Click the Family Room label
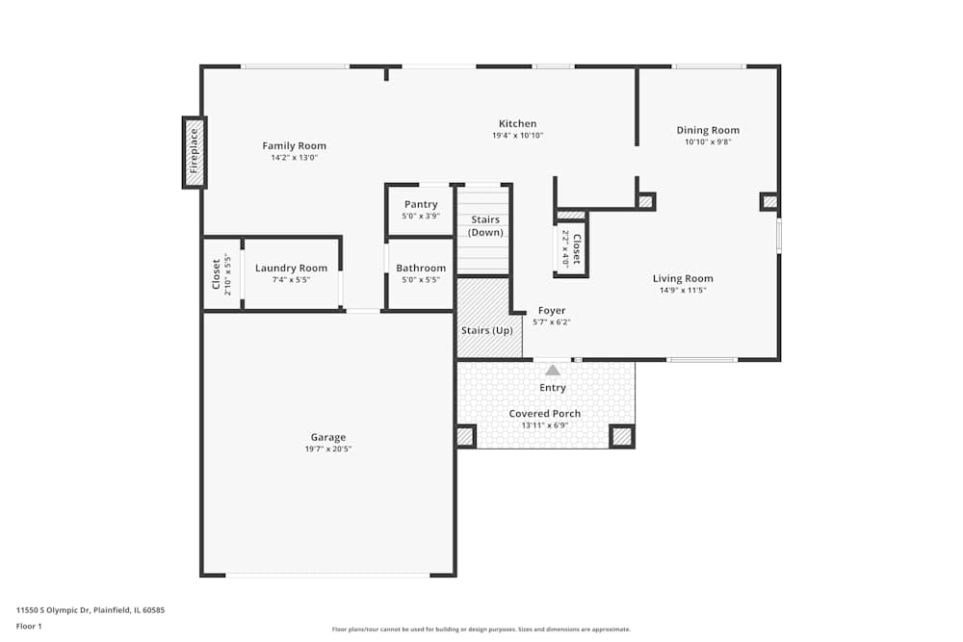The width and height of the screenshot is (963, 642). point(294,146)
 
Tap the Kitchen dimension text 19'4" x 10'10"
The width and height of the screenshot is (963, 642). point(517,136)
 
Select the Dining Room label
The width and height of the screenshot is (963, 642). point(708,130)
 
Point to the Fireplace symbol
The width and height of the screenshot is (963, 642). point(195,152)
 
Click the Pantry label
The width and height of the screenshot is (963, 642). point(421,204)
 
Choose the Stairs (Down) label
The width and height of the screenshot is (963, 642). point(485,226)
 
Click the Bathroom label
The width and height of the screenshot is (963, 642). point(421,269)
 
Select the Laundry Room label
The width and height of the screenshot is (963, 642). point(291,269)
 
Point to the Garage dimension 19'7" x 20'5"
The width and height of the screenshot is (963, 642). point(328,449)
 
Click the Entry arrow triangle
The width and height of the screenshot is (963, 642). point(553,369)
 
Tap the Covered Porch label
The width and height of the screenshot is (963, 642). point(545,414)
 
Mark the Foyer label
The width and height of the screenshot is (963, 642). point(552,311)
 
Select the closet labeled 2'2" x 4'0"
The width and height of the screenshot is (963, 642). point(571,249)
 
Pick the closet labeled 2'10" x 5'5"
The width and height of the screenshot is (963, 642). point(221,274)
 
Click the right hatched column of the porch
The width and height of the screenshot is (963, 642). point(621,437)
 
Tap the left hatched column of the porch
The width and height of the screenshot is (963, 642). point(465,437)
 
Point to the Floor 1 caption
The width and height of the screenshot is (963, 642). point(30,626)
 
